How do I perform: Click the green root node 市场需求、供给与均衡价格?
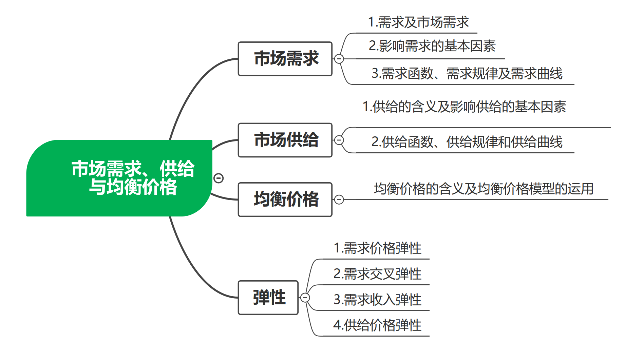[x=133, y=178]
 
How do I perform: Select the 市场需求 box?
[x=285, y=59]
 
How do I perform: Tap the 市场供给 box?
[x=285, y=140]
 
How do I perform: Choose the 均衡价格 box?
[x=285, y=200]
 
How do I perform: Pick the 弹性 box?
[x=268, y=298]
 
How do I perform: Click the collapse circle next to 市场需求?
[x=339, y=59]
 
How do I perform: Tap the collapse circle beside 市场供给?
[x=339, y=140]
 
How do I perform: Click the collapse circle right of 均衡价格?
[x=339, y=200]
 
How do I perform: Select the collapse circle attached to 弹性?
[x=305, y=298]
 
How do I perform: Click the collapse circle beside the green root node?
[x=219, y=178]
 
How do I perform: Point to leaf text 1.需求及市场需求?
[x=418, y=22]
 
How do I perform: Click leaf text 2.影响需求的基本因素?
[x=432, y=46]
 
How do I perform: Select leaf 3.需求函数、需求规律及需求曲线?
[x=467, y=74]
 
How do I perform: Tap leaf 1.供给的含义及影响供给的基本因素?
[x=464, y=107]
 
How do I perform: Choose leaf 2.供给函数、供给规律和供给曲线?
[x=467, y=142]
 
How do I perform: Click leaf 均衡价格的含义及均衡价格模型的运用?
[x=484, y=189]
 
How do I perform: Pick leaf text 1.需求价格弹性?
[x=377, y=248]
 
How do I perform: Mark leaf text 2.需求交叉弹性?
[x=377, y=274]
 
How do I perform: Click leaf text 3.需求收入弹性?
[x=377, y=300]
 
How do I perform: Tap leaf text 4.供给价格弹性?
[x=377, y=325]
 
